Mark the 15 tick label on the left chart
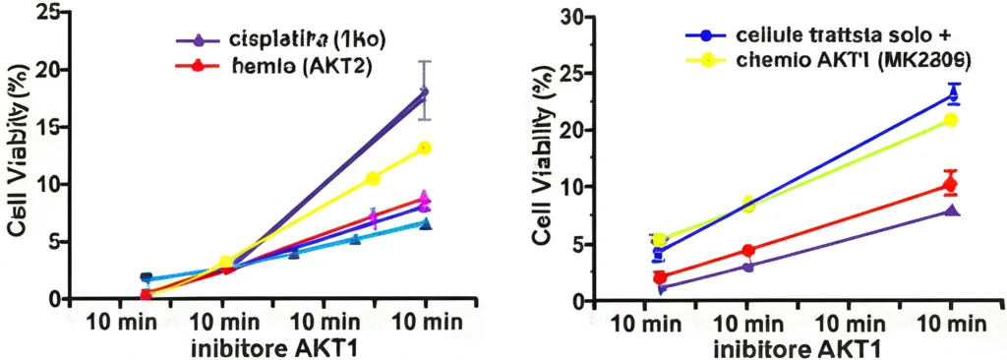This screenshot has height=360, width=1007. pyautogui.click(x=46, y=127)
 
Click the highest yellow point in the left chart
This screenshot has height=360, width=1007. pyautogui.click(x=425, y=149)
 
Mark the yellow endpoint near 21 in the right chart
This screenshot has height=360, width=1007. pyautogui.click(x=951, y=120)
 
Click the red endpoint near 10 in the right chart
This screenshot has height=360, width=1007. pyautogui.click(x=950, y=185)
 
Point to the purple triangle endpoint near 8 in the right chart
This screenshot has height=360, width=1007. pyautogui.click(x=951, y=210)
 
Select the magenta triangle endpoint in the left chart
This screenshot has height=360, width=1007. pyautogui.click(x=424, y=197)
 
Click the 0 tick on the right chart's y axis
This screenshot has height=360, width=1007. pyautogui.click(x=580, y=300)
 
